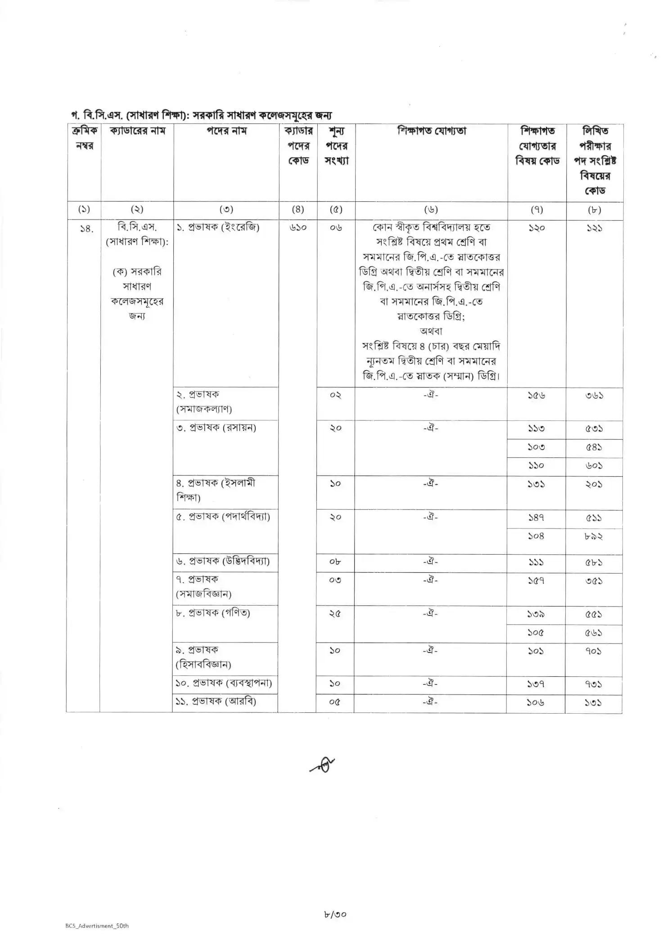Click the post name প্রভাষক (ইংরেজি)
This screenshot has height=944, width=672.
218,227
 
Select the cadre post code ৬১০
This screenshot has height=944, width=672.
298,228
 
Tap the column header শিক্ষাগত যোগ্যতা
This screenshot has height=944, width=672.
431,131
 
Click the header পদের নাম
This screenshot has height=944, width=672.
226,131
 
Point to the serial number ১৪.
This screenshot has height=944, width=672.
86,229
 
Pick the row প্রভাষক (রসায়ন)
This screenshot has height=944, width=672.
216,428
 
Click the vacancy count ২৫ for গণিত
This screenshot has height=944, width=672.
335,614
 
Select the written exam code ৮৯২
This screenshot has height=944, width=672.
594,536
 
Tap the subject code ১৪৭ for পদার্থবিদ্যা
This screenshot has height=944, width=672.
536,518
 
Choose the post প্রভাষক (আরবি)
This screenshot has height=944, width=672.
216,702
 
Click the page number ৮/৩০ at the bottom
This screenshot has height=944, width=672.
335,914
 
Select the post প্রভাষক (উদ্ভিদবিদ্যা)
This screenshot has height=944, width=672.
223,561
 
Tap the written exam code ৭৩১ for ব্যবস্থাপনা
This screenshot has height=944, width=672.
593,684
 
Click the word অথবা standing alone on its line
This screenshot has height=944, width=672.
431,331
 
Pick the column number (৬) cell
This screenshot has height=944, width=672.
431,210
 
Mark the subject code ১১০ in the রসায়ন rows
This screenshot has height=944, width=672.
536,465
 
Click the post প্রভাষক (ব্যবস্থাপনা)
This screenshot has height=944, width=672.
224,683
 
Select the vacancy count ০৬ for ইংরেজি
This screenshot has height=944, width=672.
336,228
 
